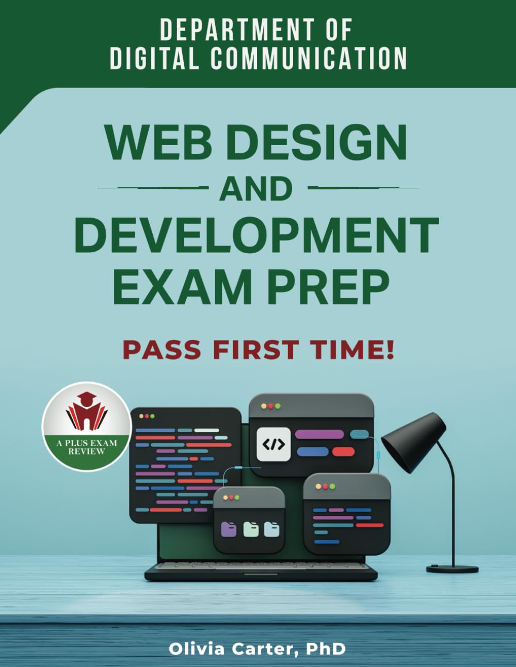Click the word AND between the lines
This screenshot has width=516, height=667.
256,189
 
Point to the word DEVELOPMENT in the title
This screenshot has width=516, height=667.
256,235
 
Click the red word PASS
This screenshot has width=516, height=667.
162,350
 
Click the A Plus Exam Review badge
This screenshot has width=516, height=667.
87,426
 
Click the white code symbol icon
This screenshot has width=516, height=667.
273,444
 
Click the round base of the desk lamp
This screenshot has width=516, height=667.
452,568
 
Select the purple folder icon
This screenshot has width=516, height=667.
229,529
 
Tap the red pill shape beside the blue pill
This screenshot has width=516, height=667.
343,452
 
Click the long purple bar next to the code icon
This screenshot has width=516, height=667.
319,434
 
